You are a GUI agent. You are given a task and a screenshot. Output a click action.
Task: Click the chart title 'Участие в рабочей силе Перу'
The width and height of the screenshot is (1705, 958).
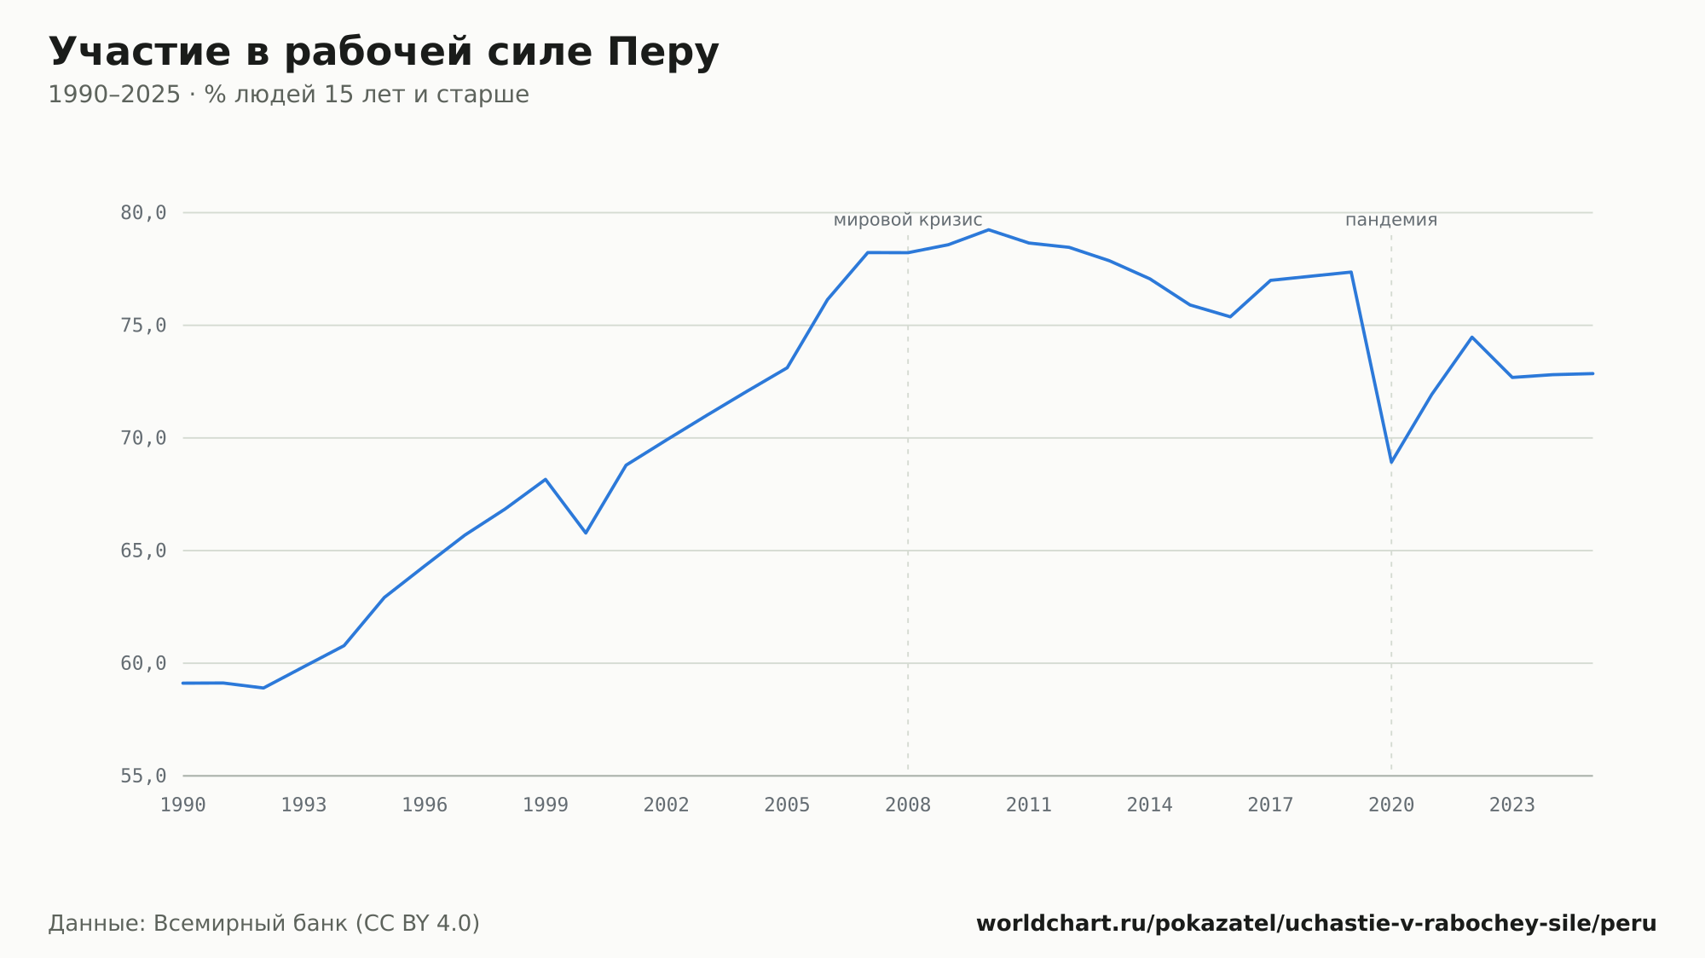pyautogui.click(x=384, y=52)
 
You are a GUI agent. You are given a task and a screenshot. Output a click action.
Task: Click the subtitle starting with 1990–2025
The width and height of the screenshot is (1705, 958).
pyautogui.click(x=288, y=95)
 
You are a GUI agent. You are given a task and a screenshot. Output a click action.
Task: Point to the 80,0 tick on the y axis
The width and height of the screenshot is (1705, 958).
pyautogui.click(x=143, y=213)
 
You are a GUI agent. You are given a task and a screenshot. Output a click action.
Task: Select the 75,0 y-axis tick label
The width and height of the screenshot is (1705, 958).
pyautogui.click(x=143, y=326)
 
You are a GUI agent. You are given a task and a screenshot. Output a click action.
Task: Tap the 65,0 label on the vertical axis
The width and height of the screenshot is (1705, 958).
pyautogui.click(x=143, y=551)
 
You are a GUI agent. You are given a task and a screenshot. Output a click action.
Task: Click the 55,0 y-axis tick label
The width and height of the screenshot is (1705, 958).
pyautogui.click(x=143, y=776)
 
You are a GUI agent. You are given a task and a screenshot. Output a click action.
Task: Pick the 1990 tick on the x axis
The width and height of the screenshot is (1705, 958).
pyautogui.click(x=183, y=805)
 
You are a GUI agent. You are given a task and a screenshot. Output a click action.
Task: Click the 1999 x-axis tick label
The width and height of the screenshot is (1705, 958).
pyautogui.click(x=546, y=805)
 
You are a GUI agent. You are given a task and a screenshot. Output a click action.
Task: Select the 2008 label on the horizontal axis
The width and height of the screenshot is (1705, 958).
pyautogui.click(x=908, y=805)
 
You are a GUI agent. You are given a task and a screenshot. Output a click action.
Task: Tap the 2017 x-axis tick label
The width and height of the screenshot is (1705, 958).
pyautogui.click(x=1270, y=805)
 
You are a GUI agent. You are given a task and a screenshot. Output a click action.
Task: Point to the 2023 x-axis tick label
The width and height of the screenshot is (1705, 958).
pyautogui.click(x=1512, y=805)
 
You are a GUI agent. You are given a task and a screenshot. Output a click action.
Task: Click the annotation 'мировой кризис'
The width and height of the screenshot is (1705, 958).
pyautogui.click(x=908, y=220)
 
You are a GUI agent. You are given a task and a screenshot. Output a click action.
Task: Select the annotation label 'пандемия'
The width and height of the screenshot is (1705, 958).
pyautogui.click(x=1391, y=220)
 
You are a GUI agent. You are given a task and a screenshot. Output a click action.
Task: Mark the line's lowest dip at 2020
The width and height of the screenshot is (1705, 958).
pyautogui.click(x=1391, y=462)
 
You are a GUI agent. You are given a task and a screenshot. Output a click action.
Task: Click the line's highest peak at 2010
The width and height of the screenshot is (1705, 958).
pyautogui.click(x=989, y=230)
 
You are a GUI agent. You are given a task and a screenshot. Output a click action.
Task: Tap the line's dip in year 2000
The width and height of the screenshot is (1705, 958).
pyautogui.click(x=586, y=533)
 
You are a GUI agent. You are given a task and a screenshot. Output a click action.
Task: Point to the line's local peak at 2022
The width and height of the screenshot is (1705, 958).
pyautogui.click(x=1471, y=338)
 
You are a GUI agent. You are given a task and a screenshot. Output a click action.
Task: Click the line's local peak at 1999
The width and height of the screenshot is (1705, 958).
pyautogui.click(x=546, y=480)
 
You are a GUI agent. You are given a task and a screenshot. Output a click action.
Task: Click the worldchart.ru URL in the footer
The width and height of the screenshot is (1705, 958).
pyautogui.click(x=1316, y=924)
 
